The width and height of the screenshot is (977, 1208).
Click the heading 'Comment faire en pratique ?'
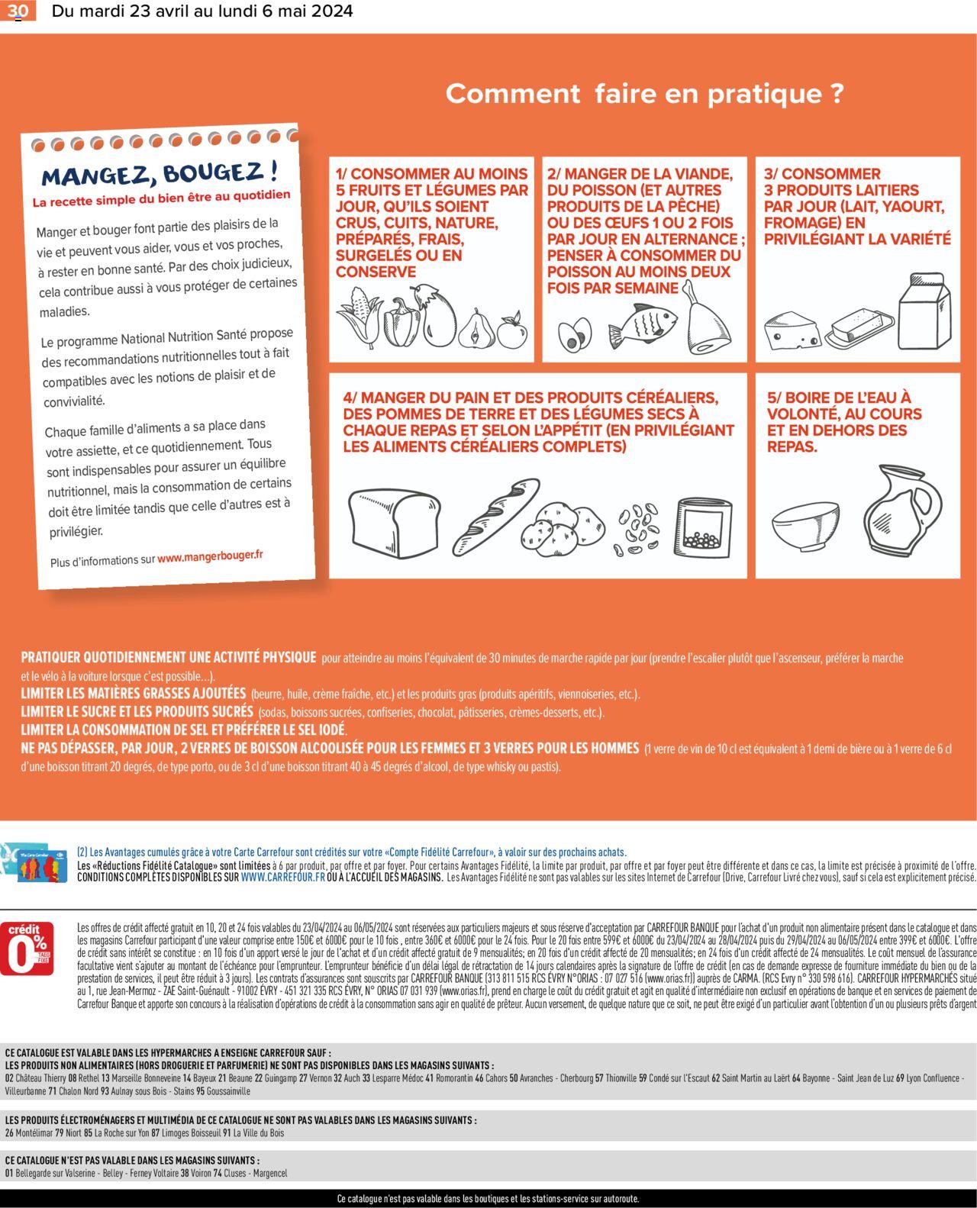coord(644,94)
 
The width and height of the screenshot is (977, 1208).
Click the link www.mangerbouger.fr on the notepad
coord(210,556)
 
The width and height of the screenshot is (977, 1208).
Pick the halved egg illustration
coord(575,336)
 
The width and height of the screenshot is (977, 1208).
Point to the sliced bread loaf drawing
coord(394,522)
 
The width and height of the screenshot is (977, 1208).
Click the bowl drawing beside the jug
coord(800,525)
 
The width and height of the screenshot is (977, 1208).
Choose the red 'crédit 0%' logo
coord(26,949)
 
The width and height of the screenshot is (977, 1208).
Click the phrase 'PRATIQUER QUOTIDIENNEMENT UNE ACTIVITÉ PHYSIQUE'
coord(169,657)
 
